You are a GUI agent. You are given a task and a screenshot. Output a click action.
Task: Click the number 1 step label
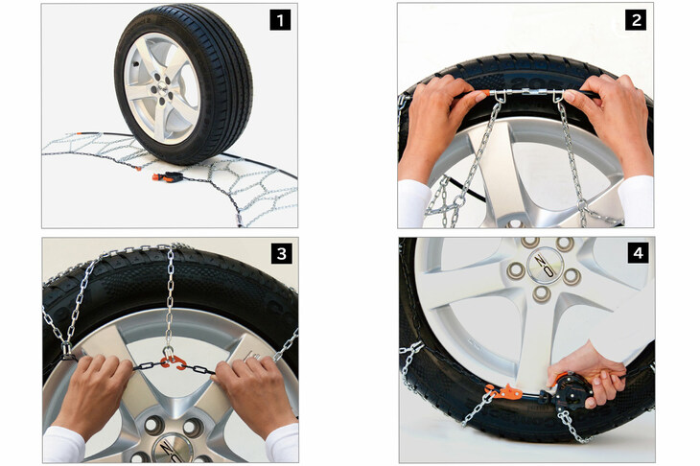click(x=280, y=20)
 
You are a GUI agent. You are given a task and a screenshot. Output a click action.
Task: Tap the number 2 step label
click(x=636, y=20)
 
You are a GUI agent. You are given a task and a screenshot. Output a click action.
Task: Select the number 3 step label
click(x=281, y=253)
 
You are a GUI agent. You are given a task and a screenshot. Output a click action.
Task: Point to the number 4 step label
click(x=638, y=253)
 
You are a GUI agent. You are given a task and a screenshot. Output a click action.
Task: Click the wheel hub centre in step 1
click(x=161, y=83)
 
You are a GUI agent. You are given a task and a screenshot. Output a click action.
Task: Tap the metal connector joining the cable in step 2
click(x=529, y=92)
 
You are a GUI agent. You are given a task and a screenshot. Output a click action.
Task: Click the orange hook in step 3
click(x=172, y=361)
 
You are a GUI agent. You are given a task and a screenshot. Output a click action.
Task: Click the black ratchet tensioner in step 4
click(x=571, y=391)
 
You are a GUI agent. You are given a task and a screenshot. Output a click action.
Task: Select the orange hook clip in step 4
click(x=504, y=392)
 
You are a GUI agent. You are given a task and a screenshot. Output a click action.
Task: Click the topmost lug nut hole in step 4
click(x=530, y=242)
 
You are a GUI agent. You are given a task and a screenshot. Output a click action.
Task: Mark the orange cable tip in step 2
click(x=481, y=94)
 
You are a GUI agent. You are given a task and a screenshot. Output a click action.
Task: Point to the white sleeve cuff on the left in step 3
click(x=63, y=445)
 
